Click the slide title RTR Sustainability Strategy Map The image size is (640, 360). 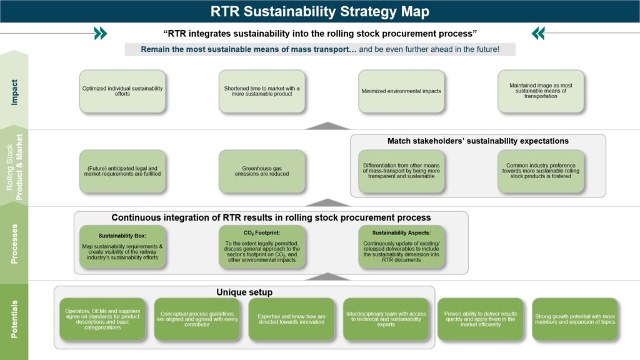(x=319, y=11)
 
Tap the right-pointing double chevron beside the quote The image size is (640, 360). (x=100, y=33)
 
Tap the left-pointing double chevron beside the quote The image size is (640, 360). (x=538, y=33)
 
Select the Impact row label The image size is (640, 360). (x=14, y=91)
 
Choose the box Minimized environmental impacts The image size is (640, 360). (x=401, y=91)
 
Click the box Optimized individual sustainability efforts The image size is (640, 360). (x=122, y=91)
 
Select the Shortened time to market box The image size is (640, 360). (x=262, y=91)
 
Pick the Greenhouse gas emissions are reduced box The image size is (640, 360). (x=262, y=171)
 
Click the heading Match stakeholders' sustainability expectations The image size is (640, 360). (x=477, y=141)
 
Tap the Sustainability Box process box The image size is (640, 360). (x=122, y=247)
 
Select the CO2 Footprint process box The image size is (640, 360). (x=262, y=247)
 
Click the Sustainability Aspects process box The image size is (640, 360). (x=401, y=247)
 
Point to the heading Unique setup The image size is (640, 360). (x=244, y=292)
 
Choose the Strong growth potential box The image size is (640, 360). (x=575, y=319)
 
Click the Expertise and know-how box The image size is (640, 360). (x=292, y=319)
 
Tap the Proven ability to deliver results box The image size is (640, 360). (x=480, y=319)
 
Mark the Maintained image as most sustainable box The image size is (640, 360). (x=541, y=91)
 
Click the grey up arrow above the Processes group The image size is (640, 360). (x=327, y=202)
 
